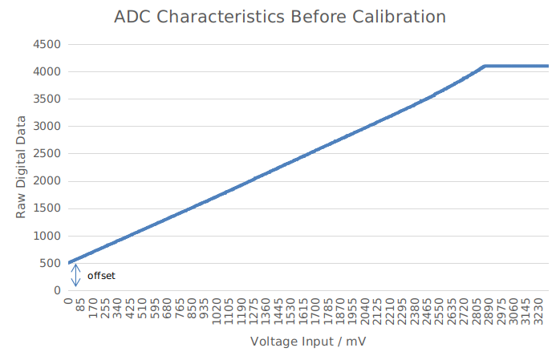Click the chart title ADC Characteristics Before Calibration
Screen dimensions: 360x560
click(x=279, y=16)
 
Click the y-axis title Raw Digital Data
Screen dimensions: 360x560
click(x=21, y=167)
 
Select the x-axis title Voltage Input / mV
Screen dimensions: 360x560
click(x=308, y=342)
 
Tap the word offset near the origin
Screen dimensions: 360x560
click(x=101, y=276)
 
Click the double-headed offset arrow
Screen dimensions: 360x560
click(x=76, y=276)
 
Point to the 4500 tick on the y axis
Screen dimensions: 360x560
click(x=47, y=44)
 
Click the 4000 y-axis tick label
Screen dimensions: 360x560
click(x=47, y=71)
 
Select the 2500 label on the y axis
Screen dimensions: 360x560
click(x=47, y=154)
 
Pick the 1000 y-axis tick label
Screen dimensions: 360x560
click(x=47, y=236)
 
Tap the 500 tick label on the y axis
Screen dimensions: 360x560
click(x=51, y=263)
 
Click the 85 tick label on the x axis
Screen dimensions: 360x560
click(x=81, y=308)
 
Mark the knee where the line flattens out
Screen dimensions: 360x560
click(x=484, y=67)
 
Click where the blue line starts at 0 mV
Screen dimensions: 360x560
click(x=69, y=262)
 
